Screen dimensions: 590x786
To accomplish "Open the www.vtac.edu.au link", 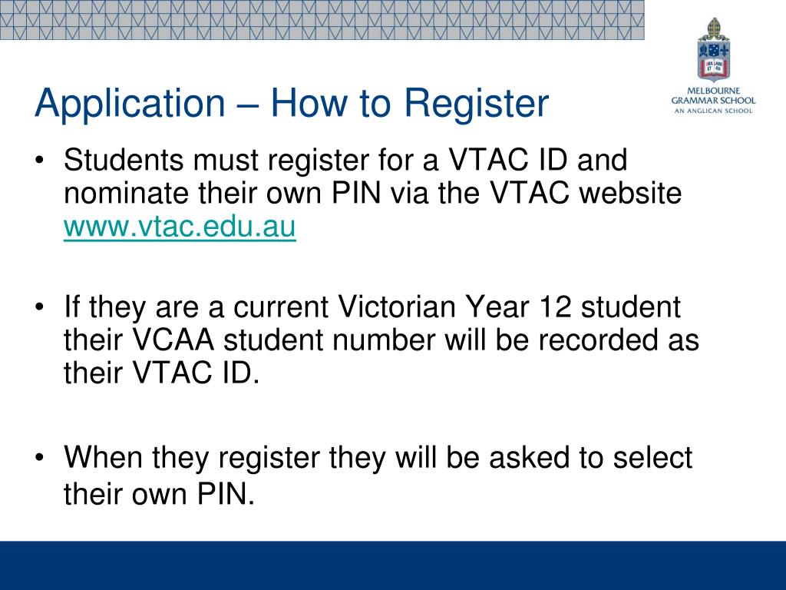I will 180,228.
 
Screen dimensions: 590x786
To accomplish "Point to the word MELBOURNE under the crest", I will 713,90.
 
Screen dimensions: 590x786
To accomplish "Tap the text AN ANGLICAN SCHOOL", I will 713,111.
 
